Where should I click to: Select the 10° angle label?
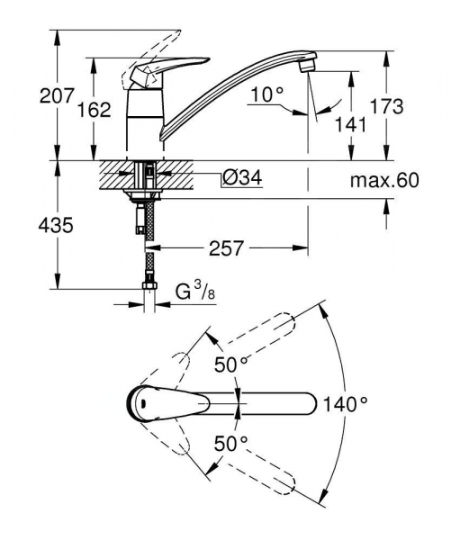pyautogui.click(x=266, y=93)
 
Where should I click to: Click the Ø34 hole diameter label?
pyautogui.click(x=240, y=179)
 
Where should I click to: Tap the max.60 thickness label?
pyautogui.click(x=384, y=181)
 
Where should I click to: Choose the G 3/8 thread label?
pyautogui.click(x=193, y=292)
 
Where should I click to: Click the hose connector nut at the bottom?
pyautogui.click(x=146, y=290)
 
